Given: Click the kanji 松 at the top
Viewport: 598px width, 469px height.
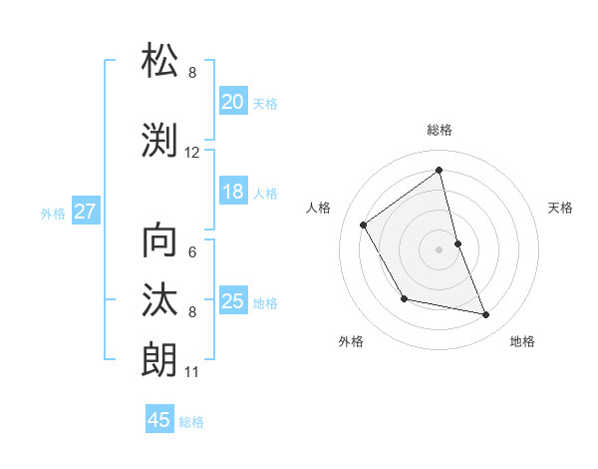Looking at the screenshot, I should coord(160,62).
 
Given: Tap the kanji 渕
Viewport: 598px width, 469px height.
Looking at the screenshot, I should coord(160,141).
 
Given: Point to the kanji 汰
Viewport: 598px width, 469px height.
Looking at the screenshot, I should coord(160,300).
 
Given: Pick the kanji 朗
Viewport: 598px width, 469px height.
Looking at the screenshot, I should coord(160,360).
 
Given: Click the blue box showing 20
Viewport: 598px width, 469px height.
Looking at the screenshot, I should coord(233,102).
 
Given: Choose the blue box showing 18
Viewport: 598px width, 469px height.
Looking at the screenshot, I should coord(233,193).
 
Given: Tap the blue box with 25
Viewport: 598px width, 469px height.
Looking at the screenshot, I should coord(233,301).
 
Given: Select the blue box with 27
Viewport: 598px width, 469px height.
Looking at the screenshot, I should coord(86,212).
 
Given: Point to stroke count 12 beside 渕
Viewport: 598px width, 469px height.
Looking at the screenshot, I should coord(192,153).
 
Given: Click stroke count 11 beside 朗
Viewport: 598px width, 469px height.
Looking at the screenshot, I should coord(191,372).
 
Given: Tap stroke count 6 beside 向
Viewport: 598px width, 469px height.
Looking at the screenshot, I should coord(192,252).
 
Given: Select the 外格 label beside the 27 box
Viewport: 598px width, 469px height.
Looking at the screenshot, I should coord(53,213).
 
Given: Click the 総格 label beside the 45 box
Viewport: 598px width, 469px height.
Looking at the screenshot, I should coord(191,422).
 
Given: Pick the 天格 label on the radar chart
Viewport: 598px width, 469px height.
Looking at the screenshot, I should coord(561,208).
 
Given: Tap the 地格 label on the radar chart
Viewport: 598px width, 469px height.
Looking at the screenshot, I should coord(522,341).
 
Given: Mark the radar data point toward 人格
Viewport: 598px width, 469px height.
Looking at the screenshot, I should coord(364,226).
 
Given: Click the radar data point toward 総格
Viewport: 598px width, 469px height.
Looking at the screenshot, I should coord(440,170).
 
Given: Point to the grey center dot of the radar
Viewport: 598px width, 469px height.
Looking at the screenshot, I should coord(440,248).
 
